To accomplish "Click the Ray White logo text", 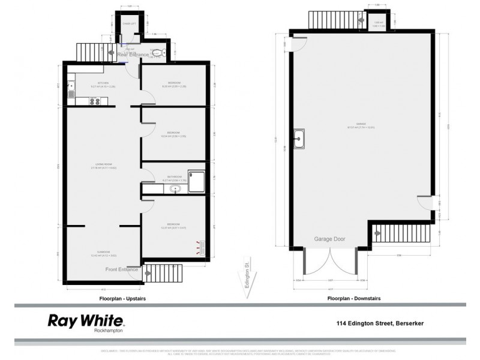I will coord(86,319).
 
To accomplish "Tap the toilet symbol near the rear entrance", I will coord(157,53).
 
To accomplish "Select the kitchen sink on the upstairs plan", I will coord(71,91).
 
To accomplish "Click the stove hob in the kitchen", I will coord(95,101).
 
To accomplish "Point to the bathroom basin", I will coord(175,190).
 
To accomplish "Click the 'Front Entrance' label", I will coord(121,269).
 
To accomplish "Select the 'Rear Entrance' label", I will coord(133,55).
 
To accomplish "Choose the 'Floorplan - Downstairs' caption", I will coord(353,298).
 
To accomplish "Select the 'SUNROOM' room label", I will coord(98,253).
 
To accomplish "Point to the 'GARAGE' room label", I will coord(361,124).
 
